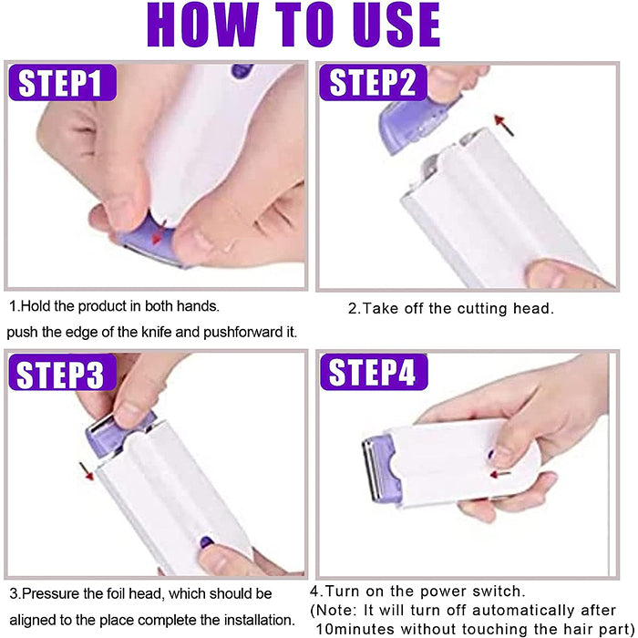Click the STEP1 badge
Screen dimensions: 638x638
(x=63, y=83)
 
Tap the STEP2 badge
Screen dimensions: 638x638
(x=373, y=83)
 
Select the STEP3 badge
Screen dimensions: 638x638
(x=63, y=372)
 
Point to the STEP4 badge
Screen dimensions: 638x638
(x=374, y=372)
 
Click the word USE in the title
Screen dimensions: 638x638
(x=396, y=25)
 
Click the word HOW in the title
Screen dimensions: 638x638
(x=202, y=25)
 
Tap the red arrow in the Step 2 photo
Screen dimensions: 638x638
(x=504, y=125)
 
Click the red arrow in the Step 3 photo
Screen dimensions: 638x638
(x=87, y=471)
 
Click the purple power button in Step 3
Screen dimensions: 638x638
(x=207, y=542)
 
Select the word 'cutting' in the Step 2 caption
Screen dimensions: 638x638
(x=482, y=308)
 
